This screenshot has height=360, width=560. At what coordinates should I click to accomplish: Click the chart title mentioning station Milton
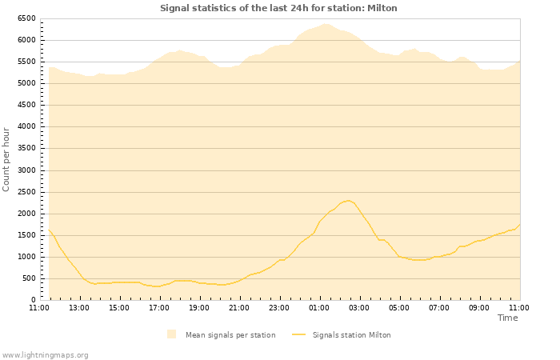point(278,8)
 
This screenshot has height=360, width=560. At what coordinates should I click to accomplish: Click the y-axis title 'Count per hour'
point(6,158)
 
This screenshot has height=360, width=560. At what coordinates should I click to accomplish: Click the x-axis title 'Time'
point(507,318)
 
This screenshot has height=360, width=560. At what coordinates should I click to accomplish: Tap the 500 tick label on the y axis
point(29,278)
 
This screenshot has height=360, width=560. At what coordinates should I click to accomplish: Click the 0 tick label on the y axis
point(34,300)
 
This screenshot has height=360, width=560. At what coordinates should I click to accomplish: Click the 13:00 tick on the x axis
point(79,307)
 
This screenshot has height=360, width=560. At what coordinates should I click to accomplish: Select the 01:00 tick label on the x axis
point(319,307)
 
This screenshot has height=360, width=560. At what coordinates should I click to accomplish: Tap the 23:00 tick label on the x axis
point(279,307)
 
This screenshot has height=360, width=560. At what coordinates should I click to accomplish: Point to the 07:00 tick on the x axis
point(439,307)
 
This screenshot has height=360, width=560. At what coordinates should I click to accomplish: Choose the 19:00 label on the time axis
point(199,307)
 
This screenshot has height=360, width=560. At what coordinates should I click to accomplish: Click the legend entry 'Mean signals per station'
point(230,335)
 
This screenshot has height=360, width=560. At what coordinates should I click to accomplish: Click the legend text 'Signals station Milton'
point(351,335)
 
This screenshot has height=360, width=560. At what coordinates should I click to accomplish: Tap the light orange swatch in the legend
point(171,334)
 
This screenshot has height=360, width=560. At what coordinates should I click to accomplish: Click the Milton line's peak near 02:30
point(349,200)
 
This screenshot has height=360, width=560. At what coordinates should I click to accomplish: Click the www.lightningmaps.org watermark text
point(45,354)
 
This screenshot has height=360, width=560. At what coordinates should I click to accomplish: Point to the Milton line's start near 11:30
point(50,230)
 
